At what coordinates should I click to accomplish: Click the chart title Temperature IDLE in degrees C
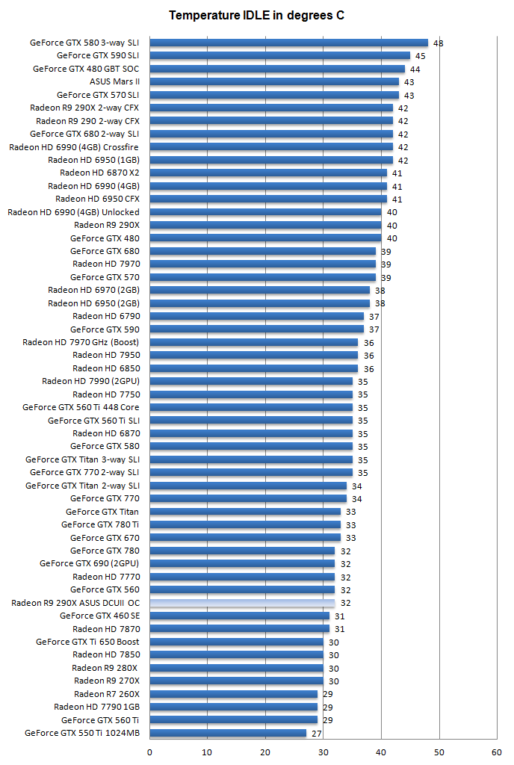(x=256, y=15)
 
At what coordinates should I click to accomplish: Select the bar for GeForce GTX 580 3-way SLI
(x=288, y=43)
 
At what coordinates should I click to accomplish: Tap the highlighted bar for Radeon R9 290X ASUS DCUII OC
(x=242, y=603)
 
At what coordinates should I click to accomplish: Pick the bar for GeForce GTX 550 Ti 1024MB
(x=228, y=733)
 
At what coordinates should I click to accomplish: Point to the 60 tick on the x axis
(x=497, y=752)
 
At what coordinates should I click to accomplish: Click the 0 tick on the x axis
(x=150, y=752)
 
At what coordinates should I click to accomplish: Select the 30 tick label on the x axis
(x=323, y=752)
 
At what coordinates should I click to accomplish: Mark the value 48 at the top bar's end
(x=439, y=43)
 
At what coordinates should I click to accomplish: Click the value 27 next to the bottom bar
(x=317, y=734)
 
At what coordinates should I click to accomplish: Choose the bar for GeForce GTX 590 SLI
(x=280, y=55)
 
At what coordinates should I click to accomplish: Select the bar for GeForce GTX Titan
(x=245, y=512)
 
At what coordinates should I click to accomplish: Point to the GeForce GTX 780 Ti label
(x=100, y=524)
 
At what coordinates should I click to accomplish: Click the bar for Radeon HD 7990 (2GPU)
(x=251, y=381)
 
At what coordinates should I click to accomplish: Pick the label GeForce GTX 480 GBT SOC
(x=86, y=69)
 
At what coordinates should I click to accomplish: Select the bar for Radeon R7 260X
(x=234, y=694)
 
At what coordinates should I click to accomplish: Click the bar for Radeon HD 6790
(x=257, y=316)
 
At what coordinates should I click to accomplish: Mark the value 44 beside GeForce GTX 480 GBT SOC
(x=415, y=69)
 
